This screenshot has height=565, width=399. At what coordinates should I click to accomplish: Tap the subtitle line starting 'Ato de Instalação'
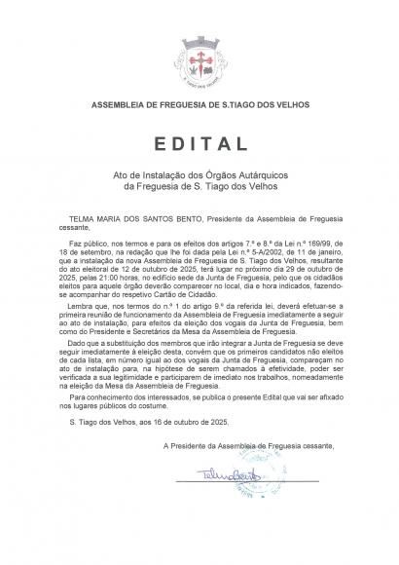coord(199,170)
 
